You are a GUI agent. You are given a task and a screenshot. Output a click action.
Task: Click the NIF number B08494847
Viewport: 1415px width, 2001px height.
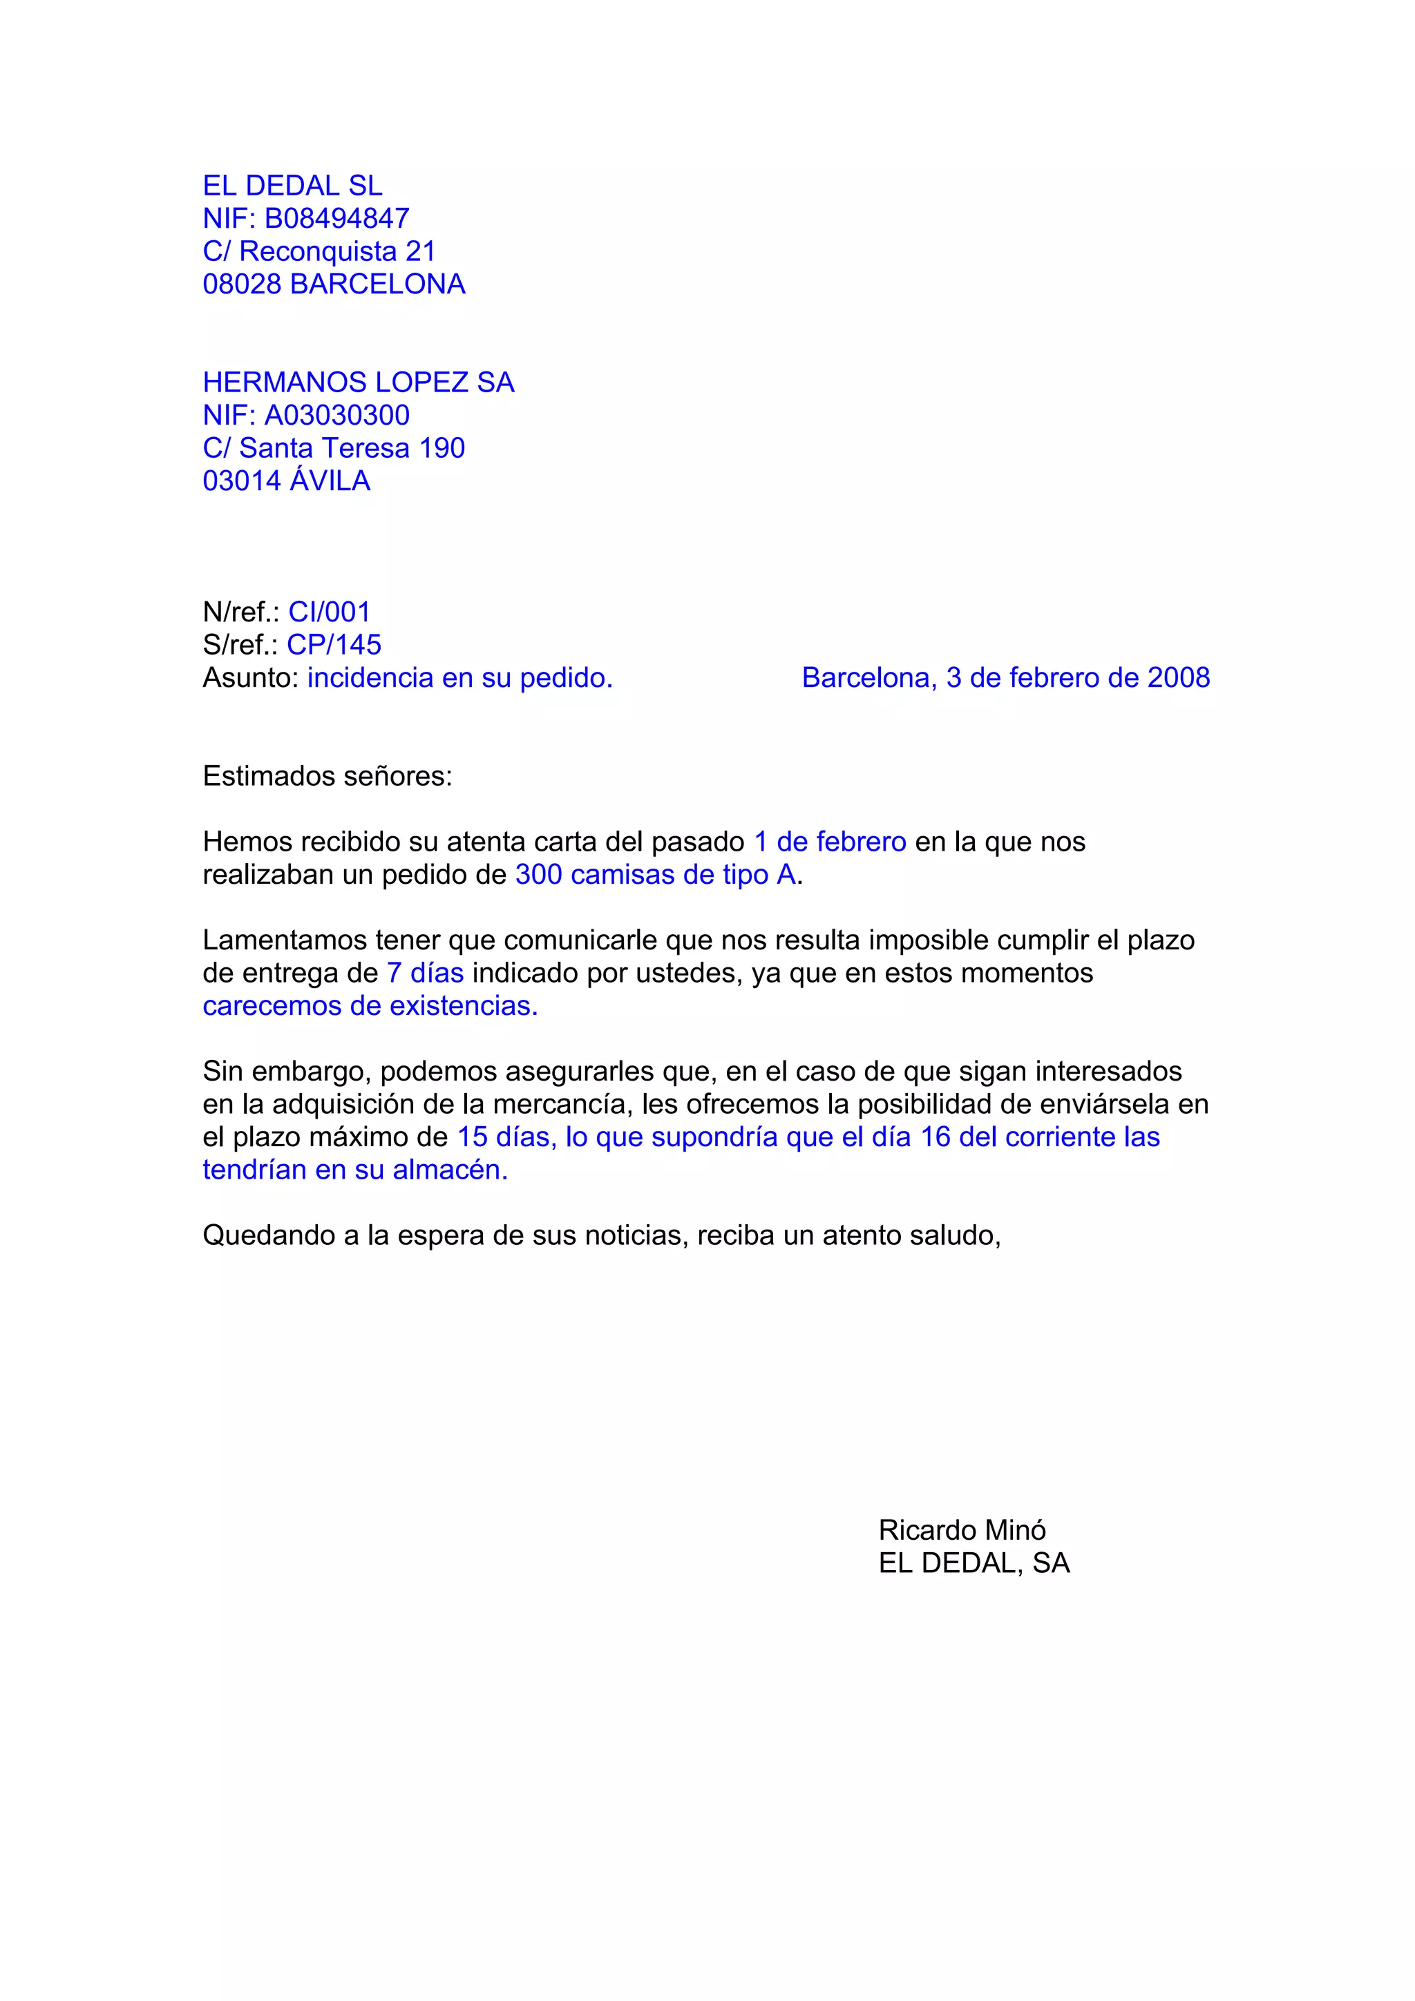(x=336, y=218)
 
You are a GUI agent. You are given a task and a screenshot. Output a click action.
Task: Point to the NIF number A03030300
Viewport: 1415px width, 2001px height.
(x=336, y=415)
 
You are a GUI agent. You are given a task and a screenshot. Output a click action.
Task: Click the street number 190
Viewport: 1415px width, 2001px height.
(x=442, y=448)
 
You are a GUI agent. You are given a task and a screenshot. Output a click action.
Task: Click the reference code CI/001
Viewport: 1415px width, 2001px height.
(x=330, y=612)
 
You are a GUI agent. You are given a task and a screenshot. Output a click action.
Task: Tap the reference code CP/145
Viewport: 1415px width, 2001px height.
(x=334, y=645)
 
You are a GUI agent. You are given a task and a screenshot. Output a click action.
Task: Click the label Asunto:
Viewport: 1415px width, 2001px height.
(x=251, y=678)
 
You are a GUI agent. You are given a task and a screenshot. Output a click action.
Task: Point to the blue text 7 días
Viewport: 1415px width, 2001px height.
(x=425, y=974)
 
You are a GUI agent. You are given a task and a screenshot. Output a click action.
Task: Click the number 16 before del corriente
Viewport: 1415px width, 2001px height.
(x=936, y=1137)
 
